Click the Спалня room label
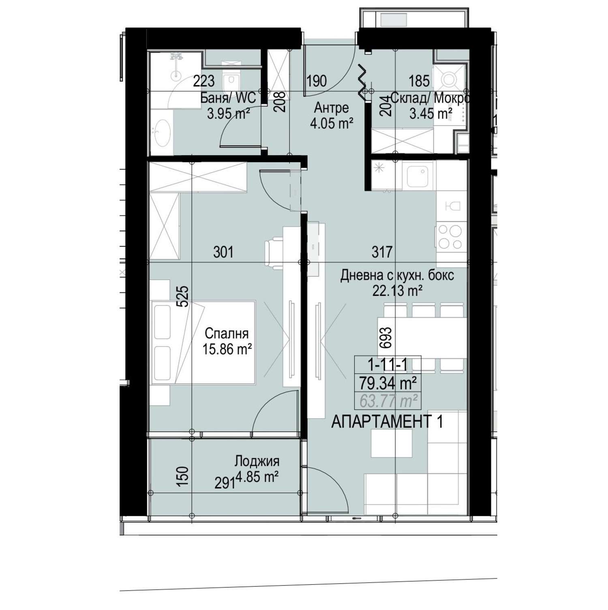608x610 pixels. [x=227, y=334]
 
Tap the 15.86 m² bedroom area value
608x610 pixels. [x=228, y=349]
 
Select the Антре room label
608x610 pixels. [x=331, y=108]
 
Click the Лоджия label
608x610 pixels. [x=257, y=462]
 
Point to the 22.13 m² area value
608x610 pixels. [x=398, y=291]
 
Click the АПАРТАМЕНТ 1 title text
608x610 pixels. [x=387, y=422]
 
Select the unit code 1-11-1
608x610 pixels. [x=387, y=365]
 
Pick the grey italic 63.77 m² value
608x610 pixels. [x=389, y=401]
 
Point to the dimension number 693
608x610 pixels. [x=386, y=338]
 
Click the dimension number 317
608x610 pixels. [x=382, y=252]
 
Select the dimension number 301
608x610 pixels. [x=223, y=252]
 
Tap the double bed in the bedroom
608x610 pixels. [x=203, y=342]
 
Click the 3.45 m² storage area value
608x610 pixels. [x=431, y=113]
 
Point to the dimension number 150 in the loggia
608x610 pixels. [x=183, y=477]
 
